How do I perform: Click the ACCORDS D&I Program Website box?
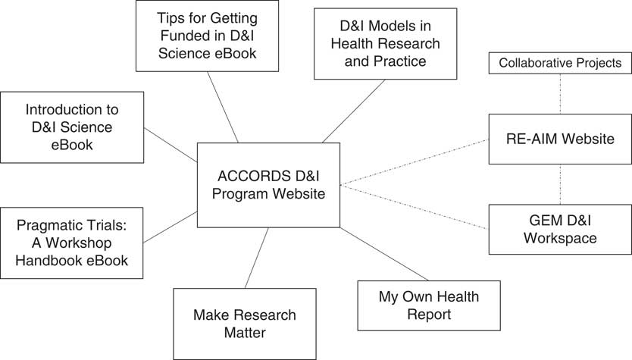coord(268,184)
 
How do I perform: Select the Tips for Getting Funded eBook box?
coord(207,36)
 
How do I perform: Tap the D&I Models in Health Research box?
coord(385,43)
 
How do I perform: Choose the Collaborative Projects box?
coord(559,64)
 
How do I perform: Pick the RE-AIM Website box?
coord(559,139)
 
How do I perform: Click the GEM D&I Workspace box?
coord(559,229)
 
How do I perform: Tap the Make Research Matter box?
coord(243,324)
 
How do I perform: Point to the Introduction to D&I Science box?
coord(73,127)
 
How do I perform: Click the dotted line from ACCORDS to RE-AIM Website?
coord(414,162)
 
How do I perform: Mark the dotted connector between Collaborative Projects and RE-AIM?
coord(560,94)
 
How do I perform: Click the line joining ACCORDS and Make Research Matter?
coord(257,257)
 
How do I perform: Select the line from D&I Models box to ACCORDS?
coord(355,111)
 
